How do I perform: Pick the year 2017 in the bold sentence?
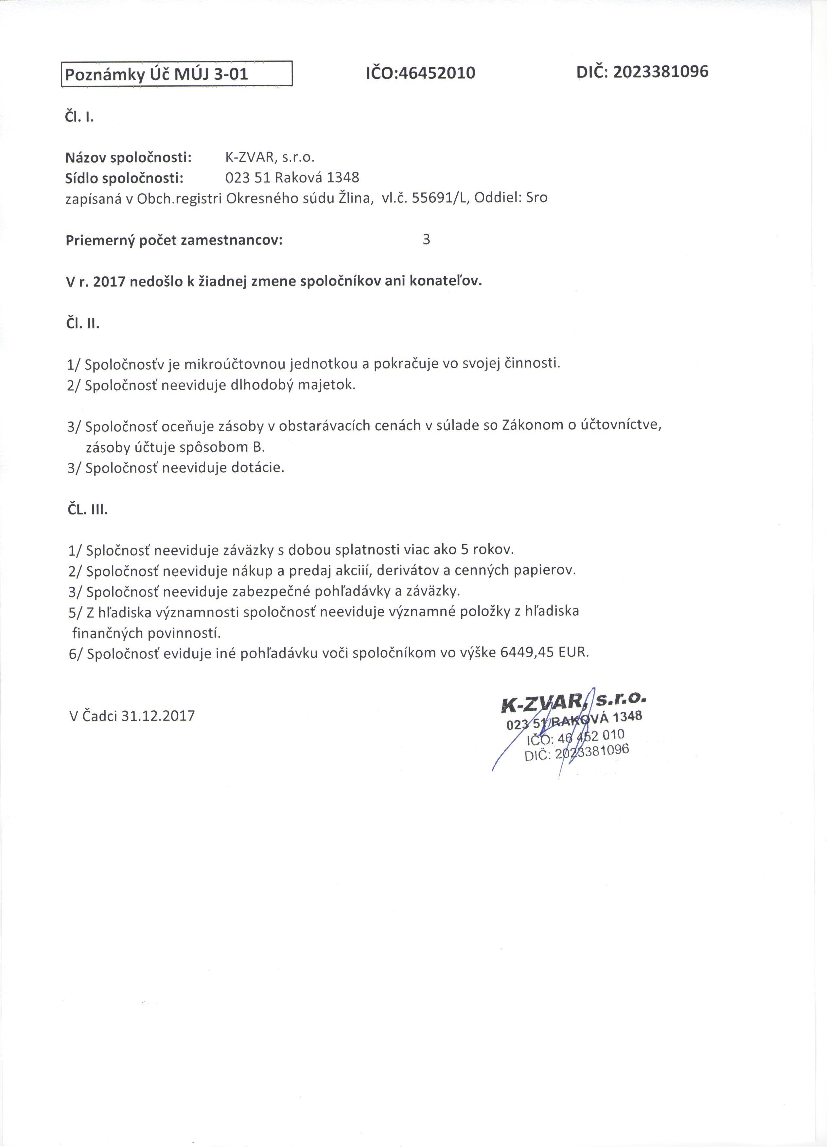[109, 281]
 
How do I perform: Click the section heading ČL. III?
[87, 510]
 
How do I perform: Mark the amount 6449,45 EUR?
[544, 652]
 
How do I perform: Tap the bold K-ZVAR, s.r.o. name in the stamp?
[573, 702]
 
